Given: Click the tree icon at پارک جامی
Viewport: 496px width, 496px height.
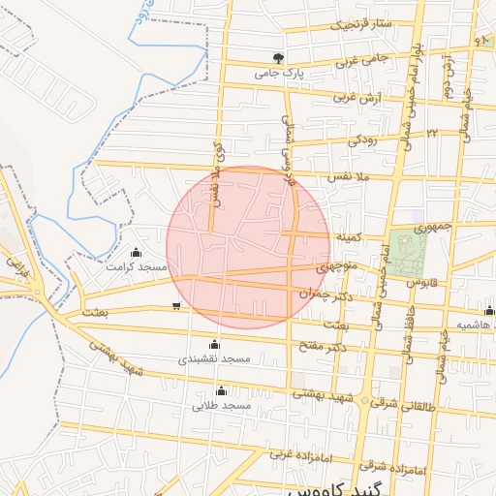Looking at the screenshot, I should tap(279, 58).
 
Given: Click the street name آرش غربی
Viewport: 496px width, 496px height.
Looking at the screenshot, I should tap(359, 97).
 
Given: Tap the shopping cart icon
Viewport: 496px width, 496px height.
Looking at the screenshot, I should tap(175, 307).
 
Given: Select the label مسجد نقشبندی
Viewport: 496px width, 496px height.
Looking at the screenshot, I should tap(214, 358).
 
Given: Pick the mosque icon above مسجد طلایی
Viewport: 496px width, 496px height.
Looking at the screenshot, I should tap(222, 391).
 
